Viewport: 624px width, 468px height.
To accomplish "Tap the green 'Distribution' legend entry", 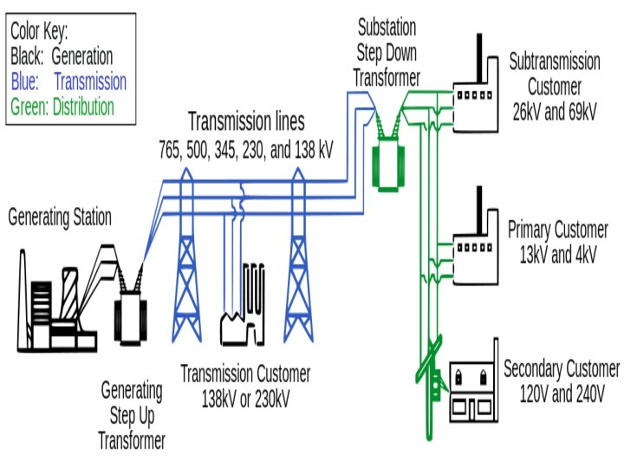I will (x=83, y=107).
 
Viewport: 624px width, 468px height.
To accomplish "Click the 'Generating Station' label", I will (x=60, y=218).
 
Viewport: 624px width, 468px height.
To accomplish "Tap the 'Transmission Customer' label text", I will (x=245, y=374).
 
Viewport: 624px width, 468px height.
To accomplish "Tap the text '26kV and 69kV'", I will (x=555, y=111).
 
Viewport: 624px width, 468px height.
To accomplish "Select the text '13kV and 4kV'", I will (x=558, y=256).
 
